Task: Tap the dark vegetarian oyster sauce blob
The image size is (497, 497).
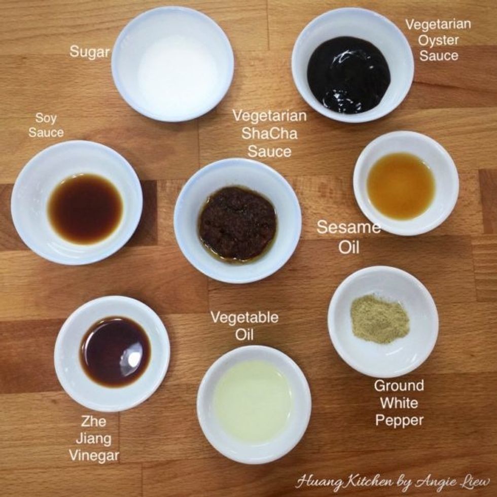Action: pos(348,75)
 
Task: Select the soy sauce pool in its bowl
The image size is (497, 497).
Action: pos(85,208)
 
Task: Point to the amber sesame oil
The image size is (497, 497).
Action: pos(401,186)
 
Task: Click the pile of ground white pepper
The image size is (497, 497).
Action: pos(380,319)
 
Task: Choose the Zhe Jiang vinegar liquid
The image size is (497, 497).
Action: pos(115,351)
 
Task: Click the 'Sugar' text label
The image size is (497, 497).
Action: pos(89,52)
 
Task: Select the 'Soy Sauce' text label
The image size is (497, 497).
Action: pos(46,126)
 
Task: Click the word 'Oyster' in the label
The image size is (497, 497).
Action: pos(439,40)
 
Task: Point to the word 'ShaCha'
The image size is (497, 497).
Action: pos(269,133)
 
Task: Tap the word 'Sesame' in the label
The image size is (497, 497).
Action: pos(348,228)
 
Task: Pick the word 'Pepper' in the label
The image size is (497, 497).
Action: pos(400,420)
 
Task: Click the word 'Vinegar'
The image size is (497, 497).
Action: pos(94,455)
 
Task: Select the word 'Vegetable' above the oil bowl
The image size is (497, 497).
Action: pos(244,318)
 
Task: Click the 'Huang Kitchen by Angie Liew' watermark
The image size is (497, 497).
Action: pos(393,480)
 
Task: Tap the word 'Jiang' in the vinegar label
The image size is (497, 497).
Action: pos(94,438)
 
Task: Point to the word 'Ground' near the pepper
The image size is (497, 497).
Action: pos(399,386)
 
